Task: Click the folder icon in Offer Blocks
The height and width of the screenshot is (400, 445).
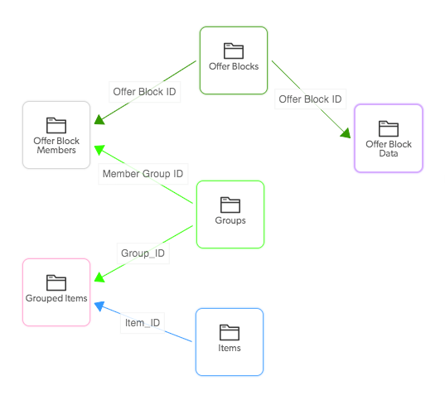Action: tap(234, 51)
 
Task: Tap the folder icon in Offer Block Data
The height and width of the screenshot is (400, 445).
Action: tap(389, 129)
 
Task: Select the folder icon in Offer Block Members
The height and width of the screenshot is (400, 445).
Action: tap(56, 125)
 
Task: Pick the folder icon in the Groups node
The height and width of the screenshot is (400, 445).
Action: tap(230, 205)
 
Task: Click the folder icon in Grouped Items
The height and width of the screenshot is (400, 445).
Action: tap(56, 282)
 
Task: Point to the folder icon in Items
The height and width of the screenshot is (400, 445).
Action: tap(230, 332)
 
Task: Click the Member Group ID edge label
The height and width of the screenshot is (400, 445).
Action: tap(143, 174)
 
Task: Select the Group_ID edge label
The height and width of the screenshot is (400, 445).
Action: tap(143, 253)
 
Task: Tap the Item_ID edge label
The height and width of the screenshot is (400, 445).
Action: tap(143, 323)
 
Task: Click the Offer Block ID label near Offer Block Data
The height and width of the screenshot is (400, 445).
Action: tap(310, 99)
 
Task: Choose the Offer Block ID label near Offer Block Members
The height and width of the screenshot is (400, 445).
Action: tap(144, 92)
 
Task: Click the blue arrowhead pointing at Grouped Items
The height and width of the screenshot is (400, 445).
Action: tap(99, 306)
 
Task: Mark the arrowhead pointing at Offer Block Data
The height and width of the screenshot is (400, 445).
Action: tap(346, 133)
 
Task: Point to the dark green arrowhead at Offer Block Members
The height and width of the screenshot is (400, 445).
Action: tap(99, 120)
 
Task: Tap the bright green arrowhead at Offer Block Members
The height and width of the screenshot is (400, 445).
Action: tap(99, 150)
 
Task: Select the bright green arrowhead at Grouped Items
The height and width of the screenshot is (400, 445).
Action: tap(99, 277)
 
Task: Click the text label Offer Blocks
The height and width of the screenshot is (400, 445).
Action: tap(234, 66)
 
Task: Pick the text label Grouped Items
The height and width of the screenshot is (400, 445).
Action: tap(56, 298)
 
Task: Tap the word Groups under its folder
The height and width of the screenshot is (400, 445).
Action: tap(230, 220)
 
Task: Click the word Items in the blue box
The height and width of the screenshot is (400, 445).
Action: tap(230, 348)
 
